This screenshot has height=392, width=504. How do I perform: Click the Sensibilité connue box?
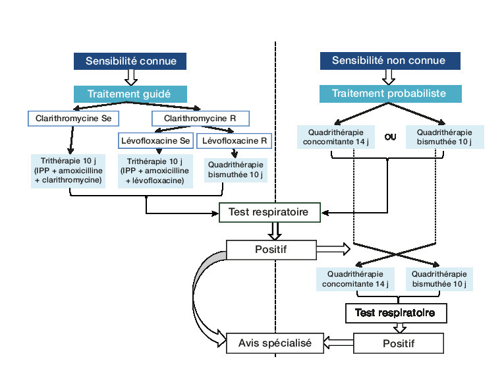click(130, 61)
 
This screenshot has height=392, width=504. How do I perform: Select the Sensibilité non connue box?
click(388, 61)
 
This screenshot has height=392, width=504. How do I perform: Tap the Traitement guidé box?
click(130, 94)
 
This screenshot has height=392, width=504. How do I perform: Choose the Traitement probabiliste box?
click(388, 94)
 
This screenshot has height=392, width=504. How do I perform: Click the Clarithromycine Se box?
click(68, 119)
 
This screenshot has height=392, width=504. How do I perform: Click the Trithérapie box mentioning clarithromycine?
click(69, 171)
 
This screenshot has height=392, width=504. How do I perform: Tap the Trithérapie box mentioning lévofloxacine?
click(155, 171)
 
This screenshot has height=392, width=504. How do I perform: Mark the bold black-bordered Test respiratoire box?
click(395, 313)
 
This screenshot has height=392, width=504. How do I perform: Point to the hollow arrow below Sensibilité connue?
click(130, 78)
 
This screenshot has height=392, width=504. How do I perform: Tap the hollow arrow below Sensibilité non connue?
click(388, 78)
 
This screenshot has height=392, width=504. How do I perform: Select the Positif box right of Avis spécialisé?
click(399, 343)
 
